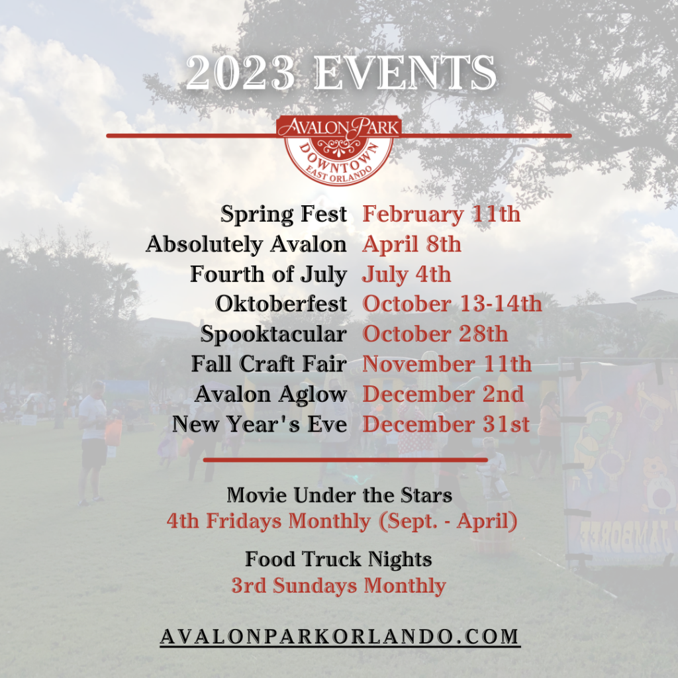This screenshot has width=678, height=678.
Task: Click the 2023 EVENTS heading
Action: coord(341,73)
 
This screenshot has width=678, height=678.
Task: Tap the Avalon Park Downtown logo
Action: coord(339,150)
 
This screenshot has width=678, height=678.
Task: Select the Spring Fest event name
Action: coord(283,214)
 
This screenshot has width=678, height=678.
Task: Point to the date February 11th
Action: coord(441,214)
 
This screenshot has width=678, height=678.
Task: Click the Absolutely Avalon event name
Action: coord(246,244)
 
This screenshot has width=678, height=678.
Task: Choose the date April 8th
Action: coord(412,245)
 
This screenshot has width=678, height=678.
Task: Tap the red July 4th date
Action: coord(407,275)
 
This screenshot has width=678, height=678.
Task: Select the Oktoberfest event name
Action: coord(281,304)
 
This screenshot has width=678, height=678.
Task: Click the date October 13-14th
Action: coord(452,304)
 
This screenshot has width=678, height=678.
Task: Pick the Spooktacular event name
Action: coord(273,334)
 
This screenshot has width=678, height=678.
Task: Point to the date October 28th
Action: coord(435,334)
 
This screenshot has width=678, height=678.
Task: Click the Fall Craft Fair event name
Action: coord(269,363)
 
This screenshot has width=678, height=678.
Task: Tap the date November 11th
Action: coord(447,363)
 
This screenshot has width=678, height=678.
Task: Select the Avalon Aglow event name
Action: coord(271,395)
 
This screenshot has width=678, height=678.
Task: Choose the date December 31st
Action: coord(446,424)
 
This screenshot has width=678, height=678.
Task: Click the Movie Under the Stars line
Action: coord(340,495)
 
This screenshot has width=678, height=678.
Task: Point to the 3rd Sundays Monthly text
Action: coord(338,586)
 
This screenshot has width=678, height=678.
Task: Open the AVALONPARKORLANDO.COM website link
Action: coord(340,637)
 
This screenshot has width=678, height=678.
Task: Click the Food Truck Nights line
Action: coord(338,559)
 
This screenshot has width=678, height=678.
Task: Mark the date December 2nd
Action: coord(443,394)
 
